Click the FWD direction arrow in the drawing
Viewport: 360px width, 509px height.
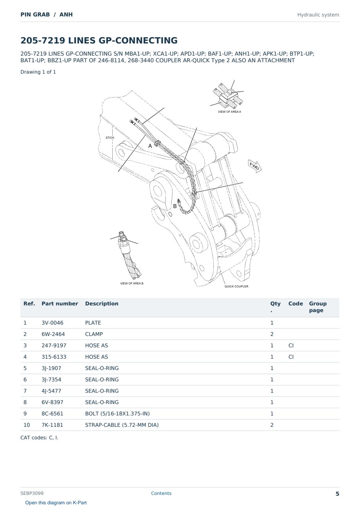pos(255,166)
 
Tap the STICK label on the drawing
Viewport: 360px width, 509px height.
pos(110,138)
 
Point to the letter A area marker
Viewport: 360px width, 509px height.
pos(150,146)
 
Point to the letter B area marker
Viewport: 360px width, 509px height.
pos(175,206)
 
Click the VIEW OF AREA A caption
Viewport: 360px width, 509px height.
pos(229,112)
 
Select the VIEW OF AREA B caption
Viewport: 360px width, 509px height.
pos(132,283)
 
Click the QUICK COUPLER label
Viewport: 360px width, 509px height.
pos(236,286)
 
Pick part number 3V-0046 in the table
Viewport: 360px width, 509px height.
pos(52,323)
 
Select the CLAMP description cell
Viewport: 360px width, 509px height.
pos(94,334)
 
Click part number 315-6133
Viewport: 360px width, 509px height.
pos(54,357)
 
